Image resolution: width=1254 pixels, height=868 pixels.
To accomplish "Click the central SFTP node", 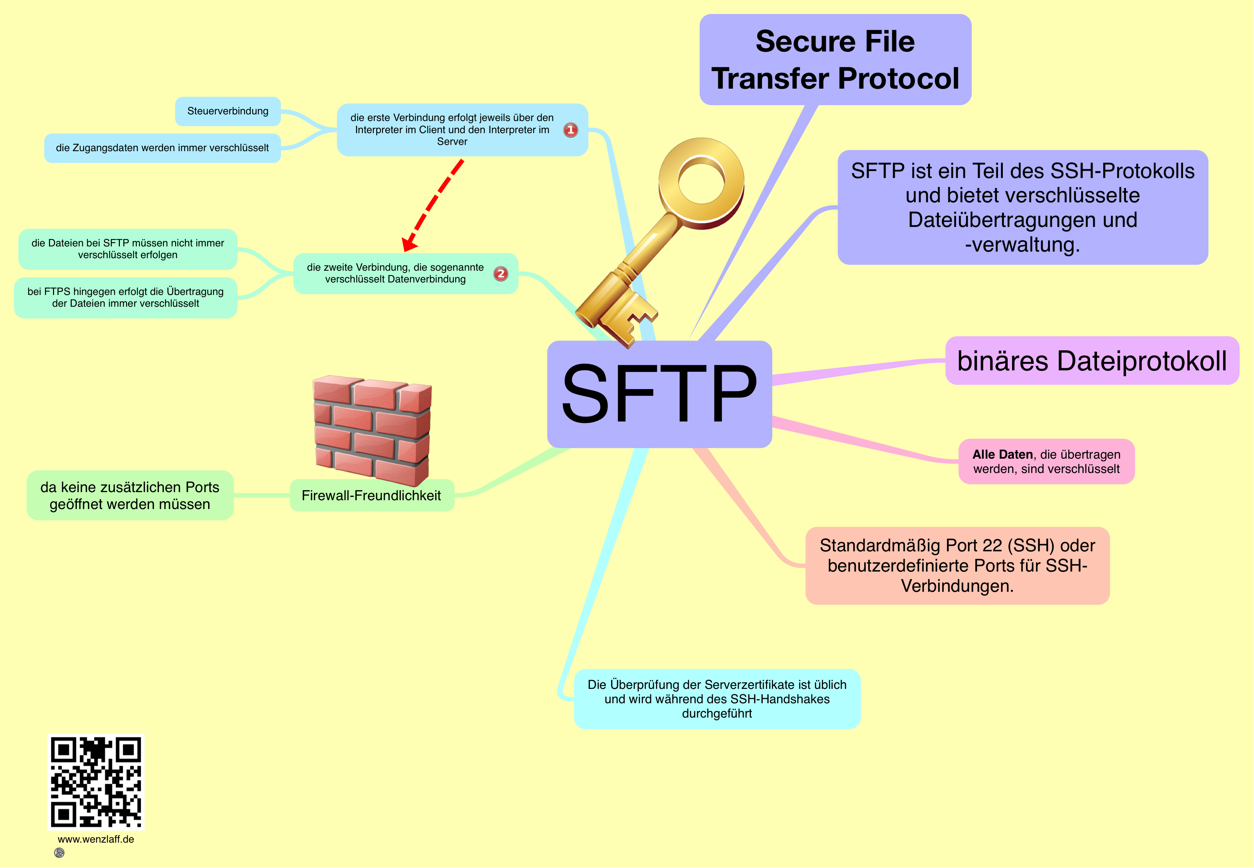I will [x=659, y=394].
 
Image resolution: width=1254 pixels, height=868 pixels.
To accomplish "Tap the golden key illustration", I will [x=653, y=245].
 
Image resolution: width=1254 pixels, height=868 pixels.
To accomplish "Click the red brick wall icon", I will [x=373, y=430].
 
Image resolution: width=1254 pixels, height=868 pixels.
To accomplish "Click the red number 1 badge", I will [x=570, y=130].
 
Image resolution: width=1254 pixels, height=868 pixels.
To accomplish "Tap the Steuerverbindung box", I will [x=228, y=111].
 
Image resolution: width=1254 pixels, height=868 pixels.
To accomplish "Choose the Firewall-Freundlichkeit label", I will [x=371, y=495].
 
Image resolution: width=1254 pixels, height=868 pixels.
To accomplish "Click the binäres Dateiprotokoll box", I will [x=1092, y=360].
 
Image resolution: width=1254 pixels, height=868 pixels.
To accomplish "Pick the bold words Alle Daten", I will [x=1002, y=454].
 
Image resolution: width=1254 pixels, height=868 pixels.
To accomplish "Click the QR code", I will [x=96, y=782].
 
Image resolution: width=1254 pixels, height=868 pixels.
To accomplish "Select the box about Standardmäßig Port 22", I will [x=957, y=566].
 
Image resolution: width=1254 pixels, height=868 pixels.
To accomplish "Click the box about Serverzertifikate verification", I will [x=717, y=699].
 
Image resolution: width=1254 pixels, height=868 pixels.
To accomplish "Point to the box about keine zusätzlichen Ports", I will [x=130, y=495].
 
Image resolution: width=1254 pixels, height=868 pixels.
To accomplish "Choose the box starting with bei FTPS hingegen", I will [x=126, y=298].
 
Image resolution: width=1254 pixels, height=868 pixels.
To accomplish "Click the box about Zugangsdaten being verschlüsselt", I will [x=162, y=148].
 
